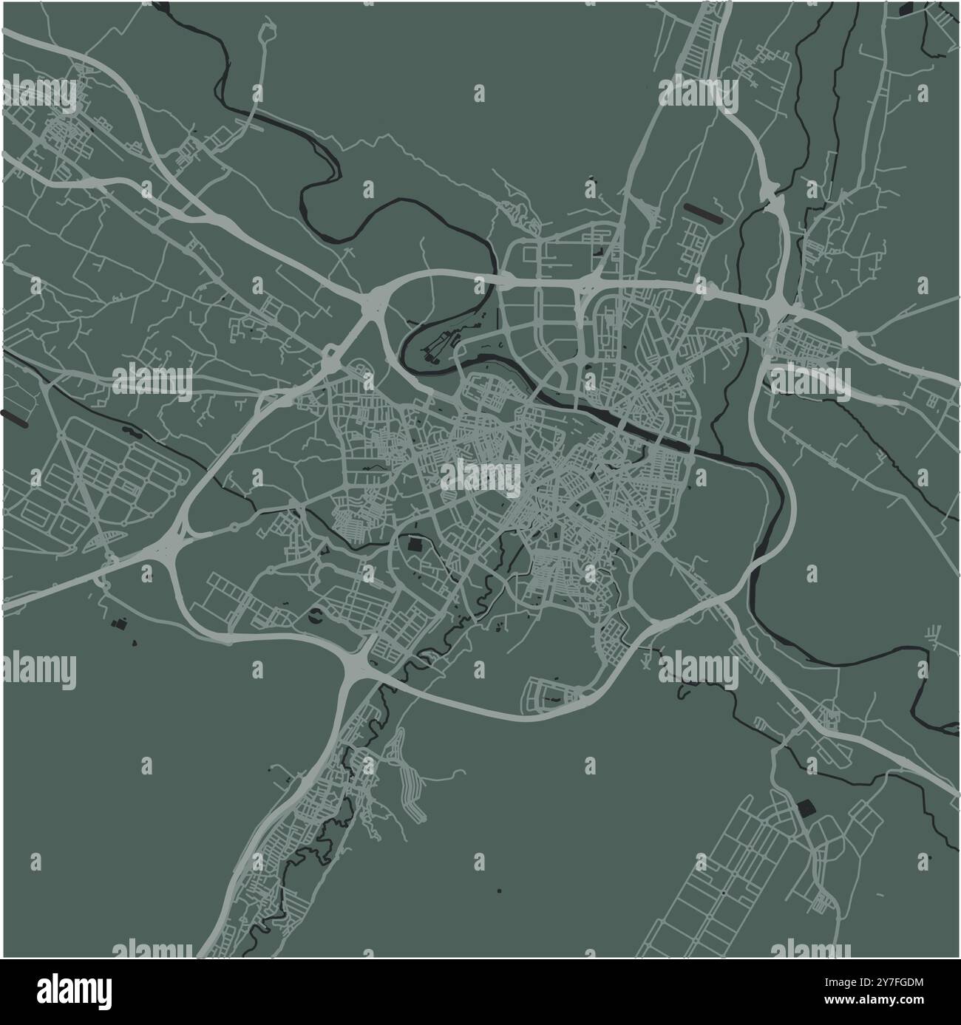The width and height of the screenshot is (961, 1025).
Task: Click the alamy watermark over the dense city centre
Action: tap(480, 477)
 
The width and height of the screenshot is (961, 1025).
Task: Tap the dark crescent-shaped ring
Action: tap(316, 616)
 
